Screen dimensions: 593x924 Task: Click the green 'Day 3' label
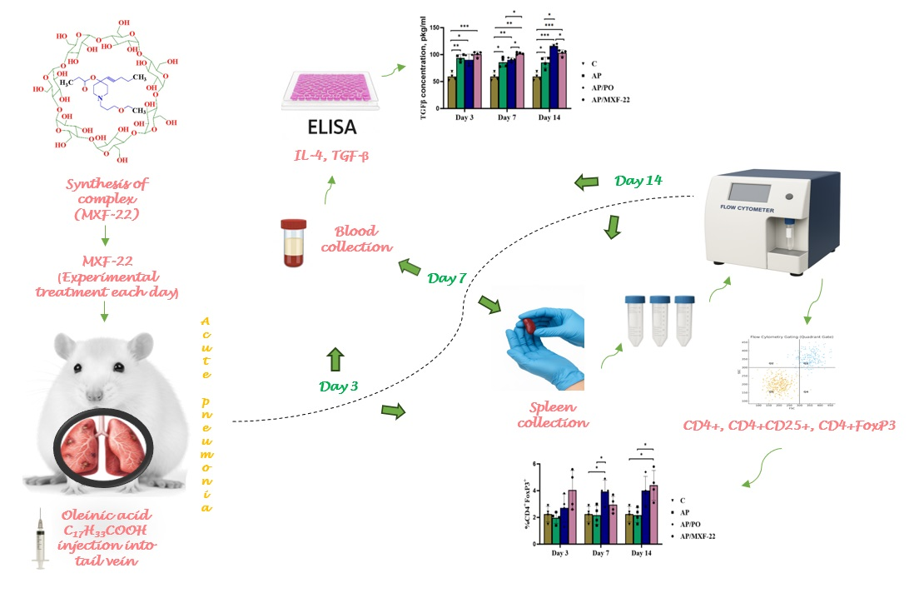point(341,386)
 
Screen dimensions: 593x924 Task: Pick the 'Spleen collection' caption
point(553,414)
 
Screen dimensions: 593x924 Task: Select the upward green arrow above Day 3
point(335,360)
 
